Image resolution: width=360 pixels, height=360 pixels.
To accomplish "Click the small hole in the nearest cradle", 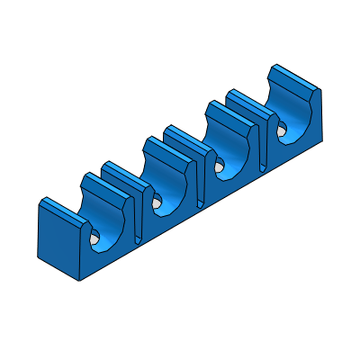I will (94, 240).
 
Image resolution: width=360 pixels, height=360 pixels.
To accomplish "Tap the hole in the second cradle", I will (157, 202).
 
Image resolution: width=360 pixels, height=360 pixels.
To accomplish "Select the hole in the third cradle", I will (220, 166).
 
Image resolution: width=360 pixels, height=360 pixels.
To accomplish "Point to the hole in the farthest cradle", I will (283, 128).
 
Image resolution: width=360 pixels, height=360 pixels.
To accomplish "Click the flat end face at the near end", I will (56, 238).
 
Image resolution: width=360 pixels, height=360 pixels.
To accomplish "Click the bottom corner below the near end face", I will (82, 279).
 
